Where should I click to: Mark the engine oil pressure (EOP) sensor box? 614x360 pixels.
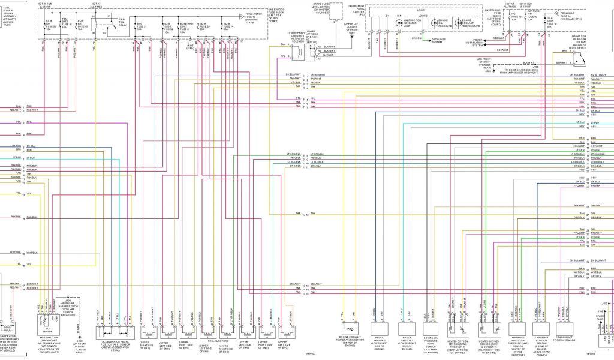[x=431, y=329]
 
